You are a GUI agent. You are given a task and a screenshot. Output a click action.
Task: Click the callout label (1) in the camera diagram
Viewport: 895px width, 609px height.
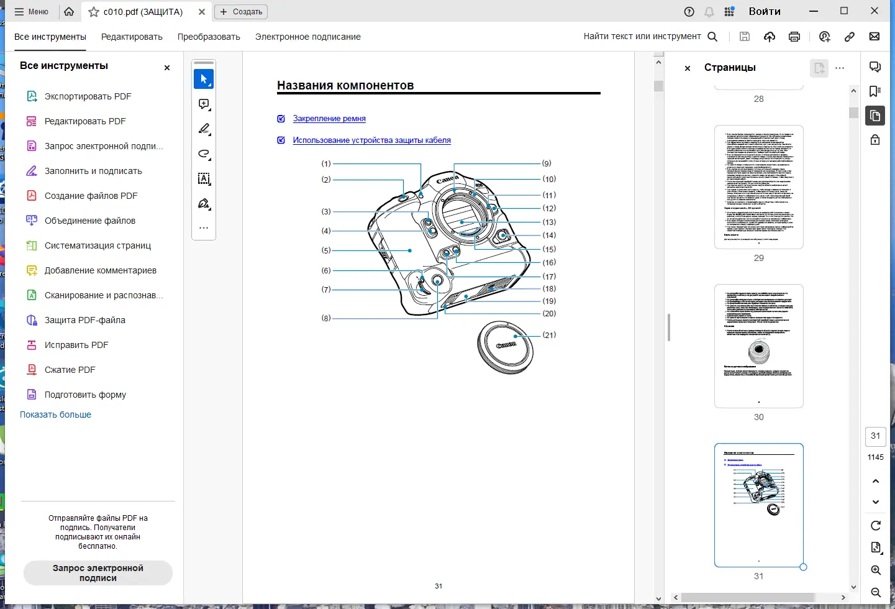point(326,164)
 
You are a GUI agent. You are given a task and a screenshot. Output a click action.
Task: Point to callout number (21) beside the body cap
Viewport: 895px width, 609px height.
point(549,335)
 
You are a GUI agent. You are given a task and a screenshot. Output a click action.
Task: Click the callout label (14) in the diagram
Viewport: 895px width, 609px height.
point(549,236)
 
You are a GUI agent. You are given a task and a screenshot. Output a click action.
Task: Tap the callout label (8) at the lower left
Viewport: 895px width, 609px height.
point(326,318)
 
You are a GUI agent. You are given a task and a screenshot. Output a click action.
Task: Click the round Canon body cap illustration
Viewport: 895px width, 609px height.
point(505,347)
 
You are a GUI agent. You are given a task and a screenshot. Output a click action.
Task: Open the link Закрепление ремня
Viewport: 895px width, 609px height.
point(329,119)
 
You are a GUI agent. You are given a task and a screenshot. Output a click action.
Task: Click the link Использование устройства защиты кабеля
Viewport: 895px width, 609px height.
point(371,140)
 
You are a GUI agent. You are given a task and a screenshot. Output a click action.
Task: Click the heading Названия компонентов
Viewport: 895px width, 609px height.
point(345,86)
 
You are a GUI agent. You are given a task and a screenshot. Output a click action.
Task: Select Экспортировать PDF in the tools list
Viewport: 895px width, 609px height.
point(88,96)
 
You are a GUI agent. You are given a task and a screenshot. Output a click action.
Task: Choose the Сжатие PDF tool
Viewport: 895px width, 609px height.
point(70,370)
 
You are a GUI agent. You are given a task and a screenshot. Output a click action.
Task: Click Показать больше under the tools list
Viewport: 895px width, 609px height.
point(55,414)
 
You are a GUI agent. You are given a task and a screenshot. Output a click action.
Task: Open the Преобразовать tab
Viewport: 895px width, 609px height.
point(209,37)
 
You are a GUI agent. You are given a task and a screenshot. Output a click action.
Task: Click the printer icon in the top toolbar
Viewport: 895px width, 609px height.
point(794,37)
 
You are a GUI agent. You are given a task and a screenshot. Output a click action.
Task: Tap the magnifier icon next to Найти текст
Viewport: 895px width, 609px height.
point(712,37)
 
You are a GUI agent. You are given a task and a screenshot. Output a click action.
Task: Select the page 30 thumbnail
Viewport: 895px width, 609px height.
point(758,346)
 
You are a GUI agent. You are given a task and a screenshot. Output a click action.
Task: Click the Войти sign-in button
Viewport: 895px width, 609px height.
point(764,11)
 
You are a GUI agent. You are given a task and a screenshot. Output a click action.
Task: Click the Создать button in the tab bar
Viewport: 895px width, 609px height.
point(241,12)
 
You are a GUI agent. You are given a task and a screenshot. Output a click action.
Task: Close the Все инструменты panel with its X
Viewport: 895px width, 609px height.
point(166,68)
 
